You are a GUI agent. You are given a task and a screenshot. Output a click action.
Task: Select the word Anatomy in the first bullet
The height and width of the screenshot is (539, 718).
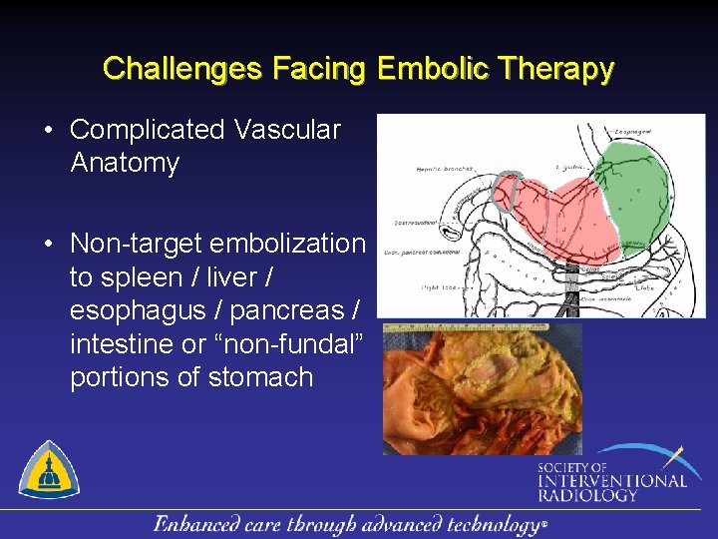point(125,164)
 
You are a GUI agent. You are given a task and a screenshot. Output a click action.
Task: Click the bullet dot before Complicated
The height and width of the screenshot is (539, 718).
point(48,131)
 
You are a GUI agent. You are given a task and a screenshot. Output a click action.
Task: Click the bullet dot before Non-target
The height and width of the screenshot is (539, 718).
point(48,245)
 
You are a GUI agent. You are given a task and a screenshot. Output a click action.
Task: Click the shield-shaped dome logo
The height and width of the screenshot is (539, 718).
point(50,470)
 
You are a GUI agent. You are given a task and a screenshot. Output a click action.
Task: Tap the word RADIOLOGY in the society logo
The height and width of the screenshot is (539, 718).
point(588,494)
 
